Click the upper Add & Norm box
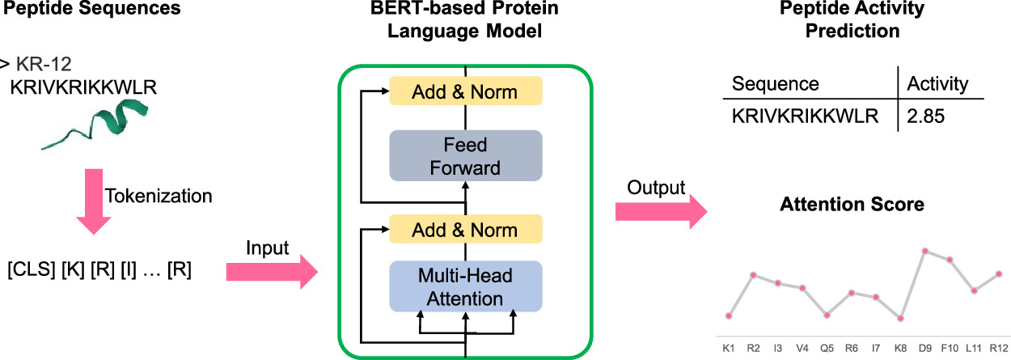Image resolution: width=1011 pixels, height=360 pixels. click(465, 91)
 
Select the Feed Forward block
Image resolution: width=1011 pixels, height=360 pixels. click(465, 156)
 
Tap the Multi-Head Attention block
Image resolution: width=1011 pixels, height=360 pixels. click(465, 287)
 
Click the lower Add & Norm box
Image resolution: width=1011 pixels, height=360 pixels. click(465, 229)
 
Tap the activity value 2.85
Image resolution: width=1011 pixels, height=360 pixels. click(927, 116)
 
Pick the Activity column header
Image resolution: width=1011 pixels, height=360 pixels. click(938, 84)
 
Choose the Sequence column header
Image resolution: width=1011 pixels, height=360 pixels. click(776, 84)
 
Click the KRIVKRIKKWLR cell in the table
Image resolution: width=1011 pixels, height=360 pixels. click(804, 116)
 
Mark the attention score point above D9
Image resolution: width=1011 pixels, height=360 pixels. click(925, 251)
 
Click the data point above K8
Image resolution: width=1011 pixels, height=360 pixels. click(899, 319)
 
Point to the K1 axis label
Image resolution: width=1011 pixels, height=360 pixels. click(729, 348)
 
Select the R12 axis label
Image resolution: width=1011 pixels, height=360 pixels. click(1000, 348)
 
